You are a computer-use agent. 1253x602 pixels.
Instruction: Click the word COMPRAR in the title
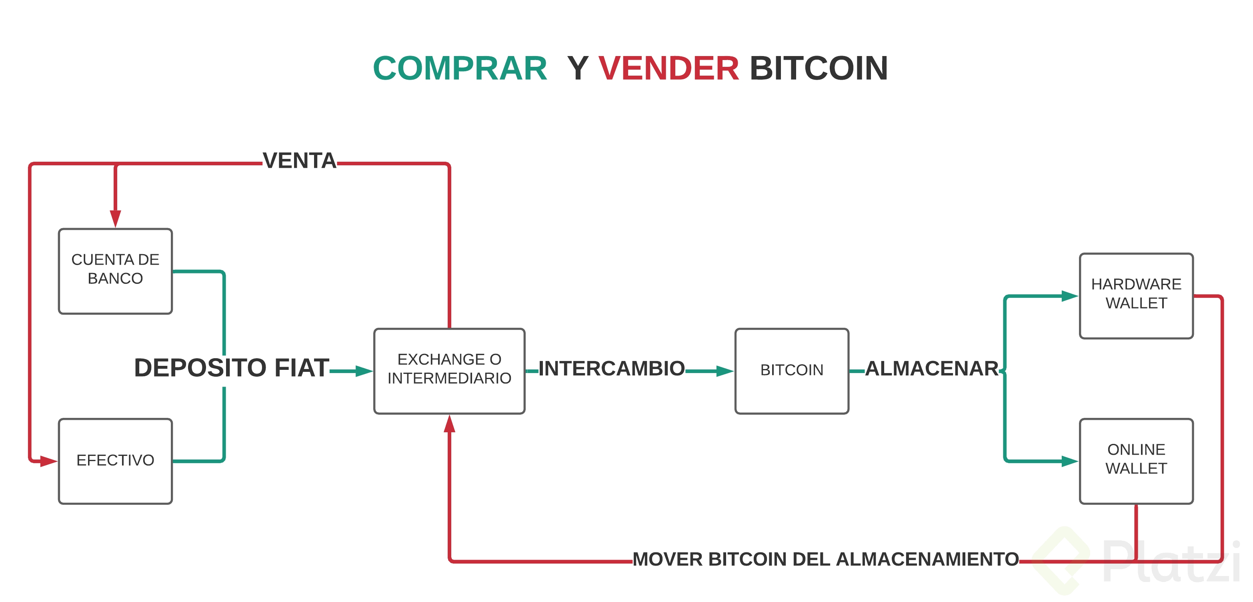pyautogui.click(x=460, y=68)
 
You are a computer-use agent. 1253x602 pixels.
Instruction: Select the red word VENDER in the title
pyautogui.click(x=669, y=68)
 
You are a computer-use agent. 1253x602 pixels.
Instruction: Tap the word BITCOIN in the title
pyautogui.click(x=819, y=68)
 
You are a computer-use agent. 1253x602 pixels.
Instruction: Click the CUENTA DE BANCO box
pyautogui.click(x=115, y=271)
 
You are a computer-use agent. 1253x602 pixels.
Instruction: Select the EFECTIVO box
pyautogui.click(x=115, y=460)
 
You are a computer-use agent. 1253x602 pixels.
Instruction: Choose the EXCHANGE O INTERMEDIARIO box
pyautogui.click(x=449, y=371)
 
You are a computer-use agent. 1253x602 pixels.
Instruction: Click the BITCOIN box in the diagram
pyautogui.click(x=791, y=371)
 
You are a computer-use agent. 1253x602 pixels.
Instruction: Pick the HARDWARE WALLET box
pyautogui.click(x=1136, y=295)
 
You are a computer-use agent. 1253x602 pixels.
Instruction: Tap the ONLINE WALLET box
pyautogui.click(x=1136, y=460)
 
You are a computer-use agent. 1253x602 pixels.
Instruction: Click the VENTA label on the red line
pyautogui.click(x=300, y=161)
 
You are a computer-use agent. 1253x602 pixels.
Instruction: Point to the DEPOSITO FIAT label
pyautogui.click(x=232, y=368)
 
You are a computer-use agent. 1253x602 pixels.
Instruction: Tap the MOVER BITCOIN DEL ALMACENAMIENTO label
pyautogui.click(x=825, y=560)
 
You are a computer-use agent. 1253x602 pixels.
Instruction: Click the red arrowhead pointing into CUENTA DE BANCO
pyautogui.click(x=115, y=218)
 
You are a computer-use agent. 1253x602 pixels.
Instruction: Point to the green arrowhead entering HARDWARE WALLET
pyautogui.click(x=1069, y=295)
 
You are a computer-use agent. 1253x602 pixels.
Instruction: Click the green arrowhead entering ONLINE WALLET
pyautogui.click(x=1069, y=460)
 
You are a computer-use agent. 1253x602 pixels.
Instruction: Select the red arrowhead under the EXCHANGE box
pyautogui.click(x=449, y=424)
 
